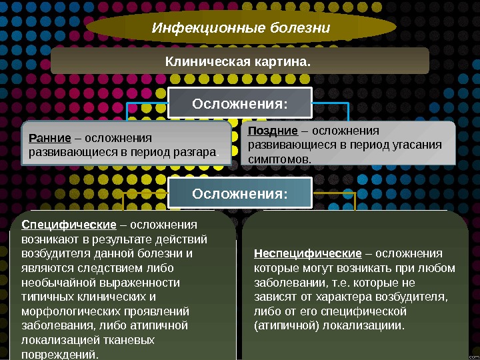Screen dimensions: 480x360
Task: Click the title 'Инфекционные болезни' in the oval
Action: click(x=241, y=28)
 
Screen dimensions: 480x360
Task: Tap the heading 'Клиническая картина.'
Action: click(x=238, y=61)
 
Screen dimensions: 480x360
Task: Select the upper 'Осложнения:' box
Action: click(x=240, y=104)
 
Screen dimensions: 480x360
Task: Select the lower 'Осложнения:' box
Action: click(x=240, y=194)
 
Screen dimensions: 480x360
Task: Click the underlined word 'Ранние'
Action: click(x=50, y=138)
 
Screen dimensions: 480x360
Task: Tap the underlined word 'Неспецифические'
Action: click(x=307, y=253)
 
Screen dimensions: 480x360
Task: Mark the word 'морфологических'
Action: click(x=61, y=311)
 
